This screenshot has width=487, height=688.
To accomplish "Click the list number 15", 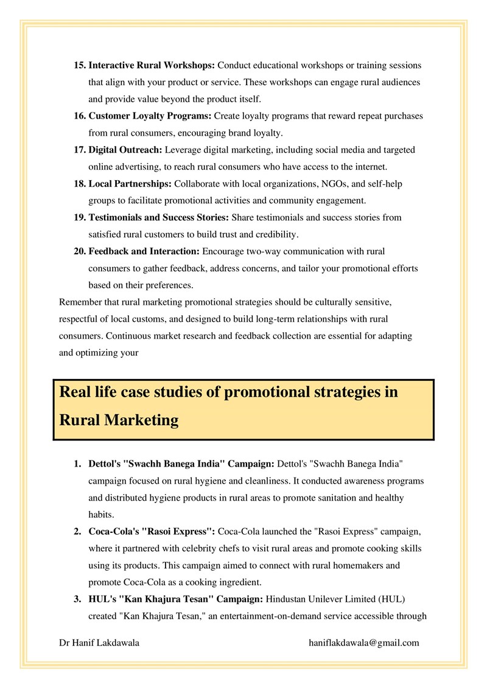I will click(x=80, y=65).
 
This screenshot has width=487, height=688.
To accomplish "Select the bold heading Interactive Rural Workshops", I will click(x=152, y=65).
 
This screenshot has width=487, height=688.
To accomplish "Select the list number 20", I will click(x=80, y=251).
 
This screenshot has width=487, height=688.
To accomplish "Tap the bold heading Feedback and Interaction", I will click(x=144, y=251).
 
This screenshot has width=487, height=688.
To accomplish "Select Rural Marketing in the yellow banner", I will click(x=119, y=420).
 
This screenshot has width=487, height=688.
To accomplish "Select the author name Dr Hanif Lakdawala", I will click(x=99, y=642).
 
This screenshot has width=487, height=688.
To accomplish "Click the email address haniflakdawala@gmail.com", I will click(x=364, y=642).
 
